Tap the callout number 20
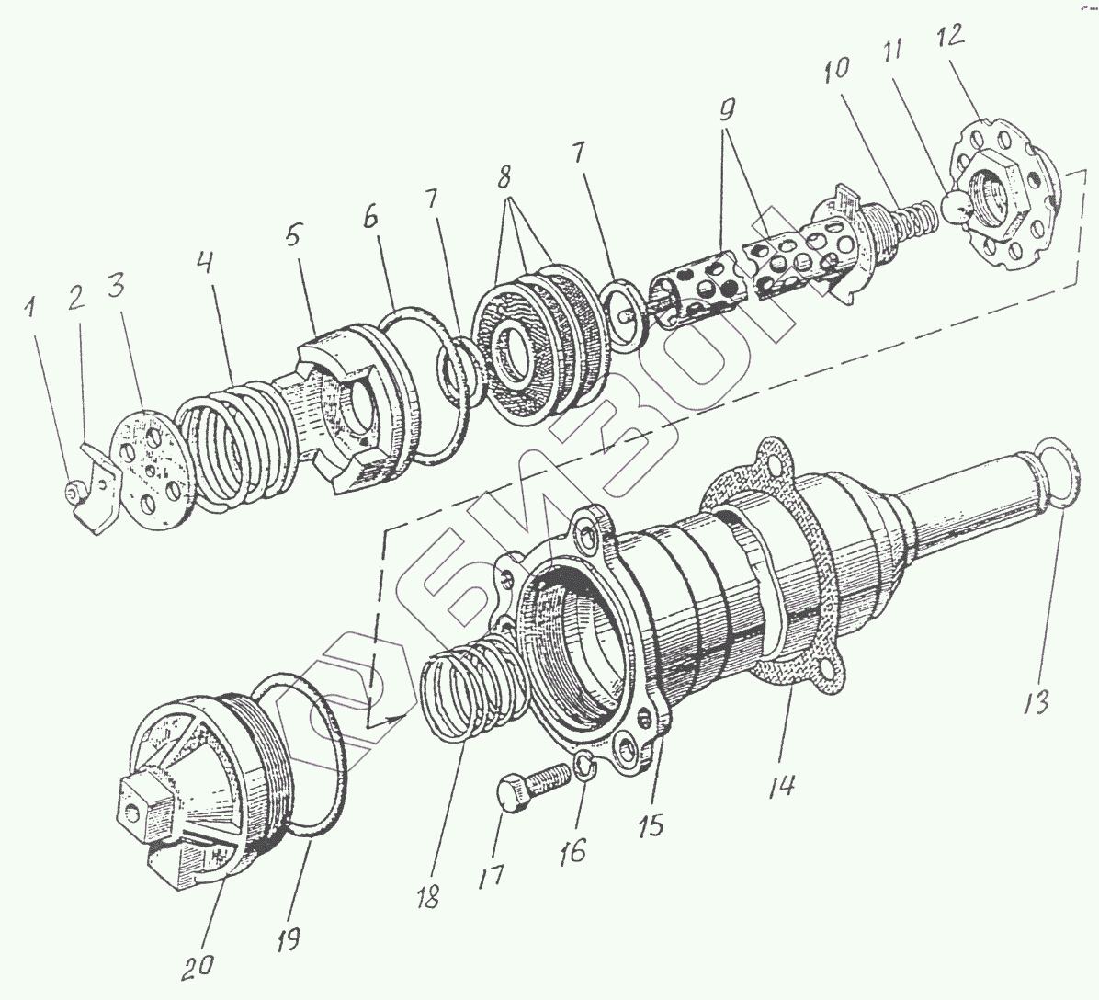coord(199,964)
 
